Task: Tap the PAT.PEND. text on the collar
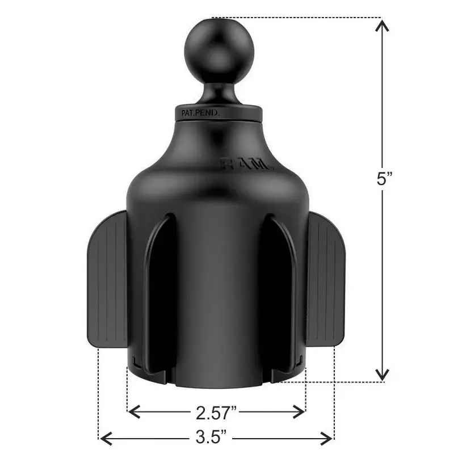pos(200,113)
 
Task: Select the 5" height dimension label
pos(384,179)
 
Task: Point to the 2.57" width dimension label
pos(216,413)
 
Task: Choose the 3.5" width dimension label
pos(211,437)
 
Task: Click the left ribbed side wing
pos(107,279)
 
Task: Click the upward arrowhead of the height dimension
pos(382,25)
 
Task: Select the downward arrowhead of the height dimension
pos(382,375)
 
